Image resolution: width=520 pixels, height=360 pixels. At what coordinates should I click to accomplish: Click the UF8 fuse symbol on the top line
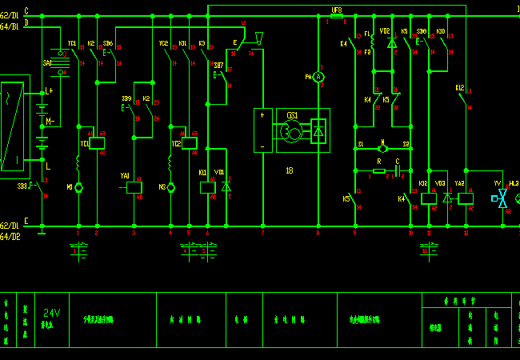tap(337, 15)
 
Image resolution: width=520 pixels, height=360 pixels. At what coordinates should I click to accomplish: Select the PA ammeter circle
tap(318, 76)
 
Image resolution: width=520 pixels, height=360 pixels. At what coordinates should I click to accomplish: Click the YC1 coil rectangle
tap(97, 143)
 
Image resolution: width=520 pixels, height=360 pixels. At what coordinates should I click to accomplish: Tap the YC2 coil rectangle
tap(189, 143)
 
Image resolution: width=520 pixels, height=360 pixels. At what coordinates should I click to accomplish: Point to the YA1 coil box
tap(134, 187)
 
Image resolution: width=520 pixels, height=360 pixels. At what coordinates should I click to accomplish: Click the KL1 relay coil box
tap(207, 187)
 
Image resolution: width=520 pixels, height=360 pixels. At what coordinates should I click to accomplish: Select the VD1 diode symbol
tap(226, 186)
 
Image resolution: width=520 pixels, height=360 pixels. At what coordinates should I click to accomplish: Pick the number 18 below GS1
tap(289, 170)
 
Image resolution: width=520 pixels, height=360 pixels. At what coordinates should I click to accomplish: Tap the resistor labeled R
tap(379, 170)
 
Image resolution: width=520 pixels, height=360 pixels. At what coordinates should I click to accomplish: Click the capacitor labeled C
tap(398, 170)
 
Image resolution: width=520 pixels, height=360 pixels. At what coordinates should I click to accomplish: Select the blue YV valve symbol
tap(502, 198)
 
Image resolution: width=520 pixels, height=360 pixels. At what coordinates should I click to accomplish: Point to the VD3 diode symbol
tap(446, 197)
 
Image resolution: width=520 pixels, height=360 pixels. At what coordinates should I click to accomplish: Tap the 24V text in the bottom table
tap(52, 313)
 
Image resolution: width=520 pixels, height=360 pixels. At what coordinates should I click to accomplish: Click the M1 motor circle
tap(78, 187)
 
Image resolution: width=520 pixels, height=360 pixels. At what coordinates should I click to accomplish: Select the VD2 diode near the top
tap(391, 42)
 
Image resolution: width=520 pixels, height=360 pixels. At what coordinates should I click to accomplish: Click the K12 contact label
tap(460, 87)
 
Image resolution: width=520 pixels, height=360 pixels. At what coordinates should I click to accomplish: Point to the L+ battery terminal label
tap(49, 91)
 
